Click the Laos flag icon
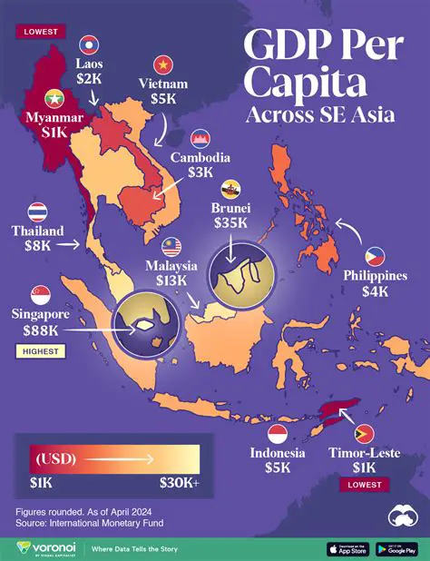(89, 44)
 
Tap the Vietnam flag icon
(164, 65)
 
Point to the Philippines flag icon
(376, 256)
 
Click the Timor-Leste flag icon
(365, 433)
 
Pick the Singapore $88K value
(40, 331)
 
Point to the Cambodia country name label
(200, 157)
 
